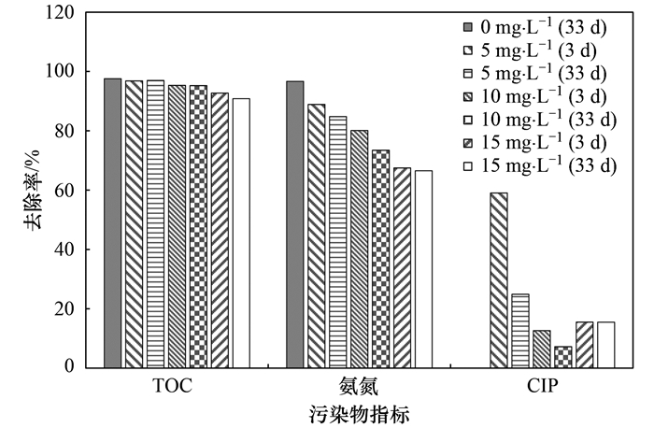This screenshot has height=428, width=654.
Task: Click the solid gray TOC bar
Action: pyautogui.click(x=112, y=223)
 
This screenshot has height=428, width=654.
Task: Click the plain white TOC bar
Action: pyautogui.click(x=241, y=233)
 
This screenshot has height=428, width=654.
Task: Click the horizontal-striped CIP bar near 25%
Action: pyautogui.click(x=520, y=331)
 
